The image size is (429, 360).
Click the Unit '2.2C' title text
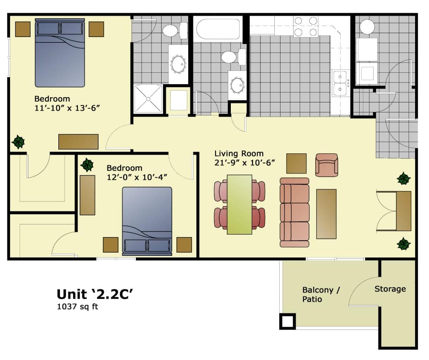(95, 294)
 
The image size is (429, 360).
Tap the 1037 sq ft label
(78, 306)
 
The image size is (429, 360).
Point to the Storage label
(390, 289)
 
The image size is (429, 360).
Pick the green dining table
(240, 204)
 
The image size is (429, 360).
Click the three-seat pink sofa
(294, 212)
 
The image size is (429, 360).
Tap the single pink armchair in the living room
(327, 165)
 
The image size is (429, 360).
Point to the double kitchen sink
(340, 83)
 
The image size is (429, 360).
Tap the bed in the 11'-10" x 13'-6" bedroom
(60, 52)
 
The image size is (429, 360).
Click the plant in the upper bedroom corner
(18, 142)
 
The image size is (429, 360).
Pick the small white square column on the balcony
(287, 322)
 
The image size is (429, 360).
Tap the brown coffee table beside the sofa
(326, 214)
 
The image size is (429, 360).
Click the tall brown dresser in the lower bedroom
(87, 195)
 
